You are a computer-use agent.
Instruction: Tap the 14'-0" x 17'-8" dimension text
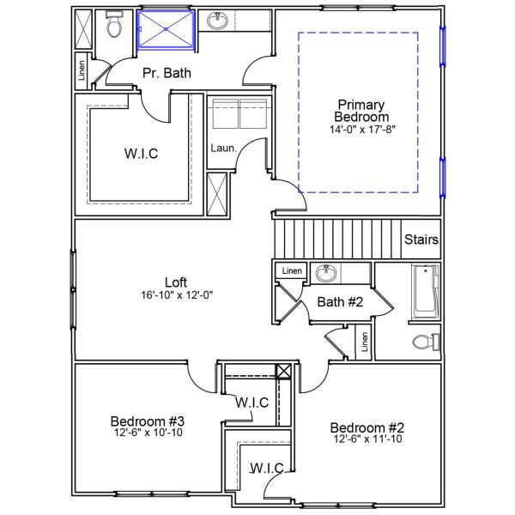click(x=363, y=130)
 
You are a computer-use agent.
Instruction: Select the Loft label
click(x=176, y=282)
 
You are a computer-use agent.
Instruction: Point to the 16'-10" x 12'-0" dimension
click(x=176, y=295)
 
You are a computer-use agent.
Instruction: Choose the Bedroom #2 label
click(x=367, y=427)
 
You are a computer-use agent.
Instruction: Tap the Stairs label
click(x=421, y=239)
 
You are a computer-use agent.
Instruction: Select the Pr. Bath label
click(x=167, y=73)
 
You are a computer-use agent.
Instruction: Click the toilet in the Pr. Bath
click(x=114, y=27)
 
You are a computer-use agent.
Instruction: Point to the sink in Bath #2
click(x=325, y=274)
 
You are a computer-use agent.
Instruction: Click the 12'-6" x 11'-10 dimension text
click(x=367, y=439)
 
